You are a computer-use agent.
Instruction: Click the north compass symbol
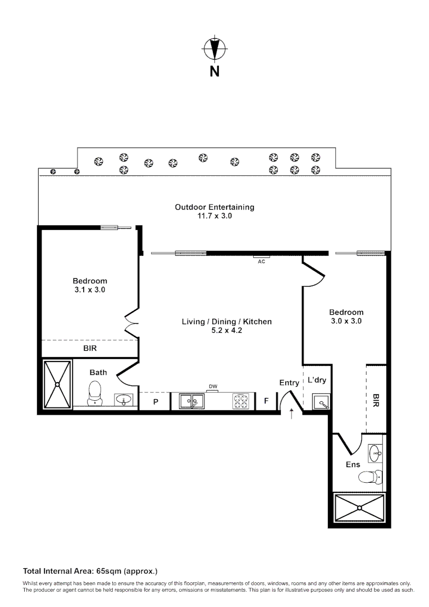click(x=214, y=48)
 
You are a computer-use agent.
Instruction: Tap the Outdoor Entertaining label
click(x=214, y=207)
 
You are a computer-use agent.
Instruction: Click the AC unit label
click(x=261, y=261)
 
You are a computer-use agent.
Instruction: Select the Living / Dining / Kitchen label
click(x=226, y=321)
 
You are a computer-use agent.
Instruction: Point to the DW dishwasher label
click(x=213, y=386)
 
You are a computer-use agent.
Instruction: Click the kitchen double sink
click(x=191, y=401)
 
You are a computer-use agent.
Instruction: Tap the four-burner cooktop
click(x=241, y=401)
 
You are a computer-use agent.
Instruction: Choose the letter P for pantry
click(x=156, y=401)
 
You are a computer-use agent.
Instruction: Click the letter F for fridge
click(x=267, y=401)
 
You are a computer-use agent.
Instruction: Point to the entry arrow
click(x=291, y=415)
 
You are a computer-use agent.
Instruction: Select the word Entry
click(x=289, y=383)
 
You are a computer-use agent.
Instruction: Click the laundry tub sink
click(x=321, y=402)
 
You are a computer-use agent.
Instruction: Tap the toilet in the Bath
click(x=95, y=392)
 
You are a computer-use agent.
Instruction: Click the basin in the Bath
click(x=124, y=400)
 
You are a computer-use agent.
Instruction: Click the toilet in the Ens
click(x=368, y=477)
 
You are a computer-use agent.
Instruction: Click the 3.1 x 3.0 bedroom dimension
click(x=89, y=290)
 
